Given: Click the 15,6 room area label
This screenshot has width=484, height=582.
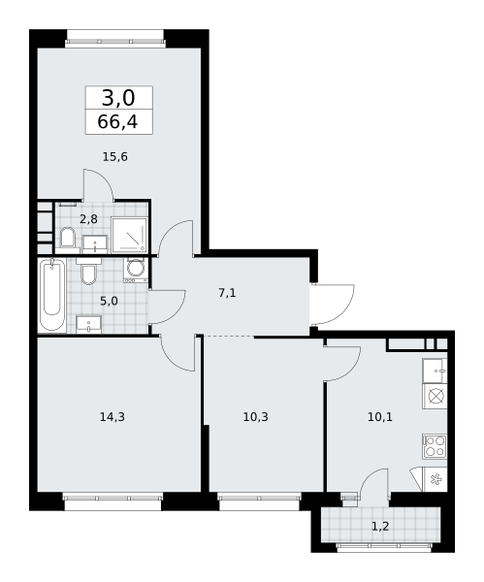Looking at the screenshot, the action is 115,157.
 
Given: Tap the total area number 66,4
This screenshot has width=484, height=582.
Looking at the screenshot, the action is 117,122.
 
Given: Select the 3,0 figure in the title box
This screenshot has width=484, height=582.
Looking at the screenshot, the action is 118,98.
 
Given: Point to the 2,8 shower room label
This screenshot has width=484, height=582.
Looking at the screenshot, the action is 88,219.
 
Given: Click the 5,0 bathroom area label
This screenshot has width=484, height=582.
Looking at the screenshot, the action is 110,301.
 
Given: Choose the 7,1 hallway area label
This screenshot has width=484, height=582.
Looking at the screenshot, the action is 227,293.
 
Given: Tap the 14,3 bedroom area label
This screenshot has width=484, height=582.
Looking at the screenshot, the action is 113,417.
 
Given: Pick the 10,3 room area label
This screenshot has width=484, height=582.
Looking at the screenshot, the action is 256,417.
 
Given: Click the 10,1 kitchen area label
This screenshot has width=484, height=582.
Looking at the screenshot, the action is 380,417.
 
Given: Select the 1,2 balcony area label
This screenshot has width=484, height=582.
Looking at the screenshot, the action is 380,526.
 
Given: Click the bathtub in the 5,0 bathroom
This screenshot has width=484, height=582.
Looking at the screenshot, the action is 52,295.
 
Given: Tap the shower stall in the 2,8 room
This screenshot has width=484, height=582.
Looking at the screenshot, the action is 130,234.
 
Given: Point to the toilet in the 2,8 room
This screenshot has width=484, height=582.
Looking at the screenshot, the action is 68,237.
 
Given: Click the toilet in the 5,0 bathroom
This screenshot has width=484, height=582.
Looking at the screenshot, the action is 88,272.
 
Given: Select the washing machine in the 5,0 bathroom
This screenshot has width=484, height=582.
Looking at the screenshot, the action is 136,270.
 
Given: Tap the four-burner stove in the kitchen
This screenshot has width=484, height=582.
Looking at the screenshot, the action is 435,446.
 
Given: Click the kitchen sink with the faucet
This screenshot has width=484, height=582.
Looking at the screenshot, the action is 435,371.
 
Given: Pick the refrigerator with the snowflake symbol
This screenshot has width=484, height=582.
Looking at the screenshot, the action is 435,479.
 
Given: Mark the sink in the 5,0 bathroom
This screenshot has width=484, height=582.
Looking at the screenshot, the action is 88,324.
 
